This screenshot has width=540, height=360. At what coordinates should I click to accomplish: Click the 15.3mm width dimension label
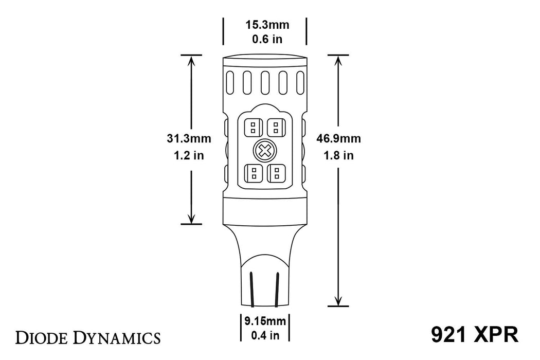point(264,25)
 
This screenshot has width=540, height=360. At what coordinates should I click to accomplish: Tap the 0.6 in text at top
point(264,39)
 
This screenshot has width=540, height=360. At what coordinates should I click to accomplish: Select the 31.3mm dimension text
point(189,138)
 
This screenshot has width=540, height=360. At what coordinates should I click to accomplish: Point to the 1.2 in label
point(189,155)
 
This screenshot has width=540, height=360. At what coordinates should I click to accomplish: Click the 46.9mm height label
point(339,138)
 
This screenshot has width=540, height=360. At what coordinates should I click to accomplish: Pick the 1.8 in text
point(339,155)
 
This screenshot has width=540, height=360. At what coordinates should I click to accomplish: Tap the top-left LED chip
point(253,127)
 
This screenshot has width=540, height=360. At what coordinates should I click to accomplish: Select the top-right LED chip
point(276,127)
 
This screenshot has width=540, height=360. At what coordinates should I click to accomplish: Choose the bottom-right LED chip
point(276,173)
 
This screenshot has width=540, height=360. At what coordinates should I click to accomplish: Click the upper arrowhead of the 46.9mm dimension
point(338,61)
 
